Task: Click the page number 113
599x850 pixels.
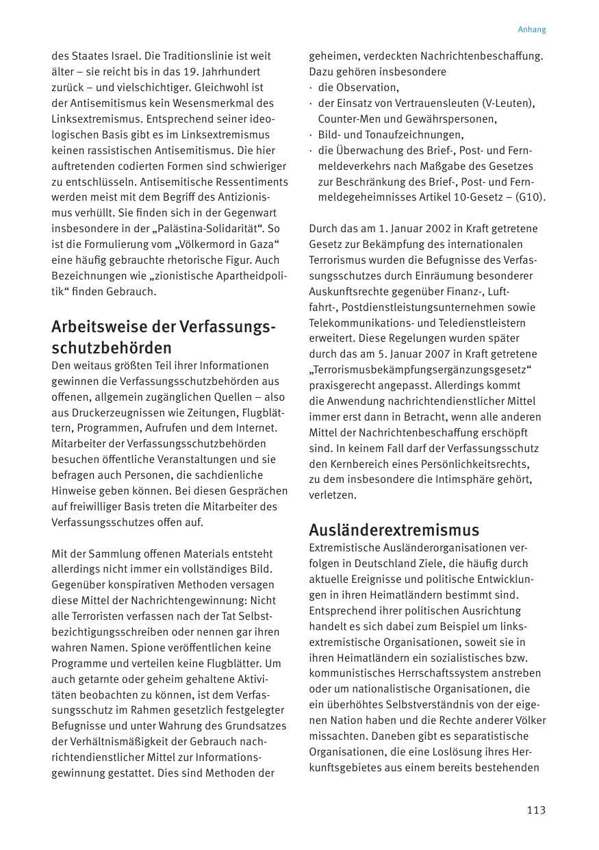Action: (536, 810)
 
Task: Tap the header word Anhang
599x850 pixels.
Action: (532, 29)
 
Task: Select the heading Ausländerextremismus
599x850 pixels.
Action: (394, 529)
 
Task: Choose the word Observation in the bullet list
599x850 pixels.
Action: (368, 88)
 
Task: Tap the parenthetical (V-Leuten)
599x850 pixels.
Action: (507, 103)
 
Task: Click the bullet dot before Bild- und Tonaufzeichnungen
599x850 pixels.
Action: (311, 135)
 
